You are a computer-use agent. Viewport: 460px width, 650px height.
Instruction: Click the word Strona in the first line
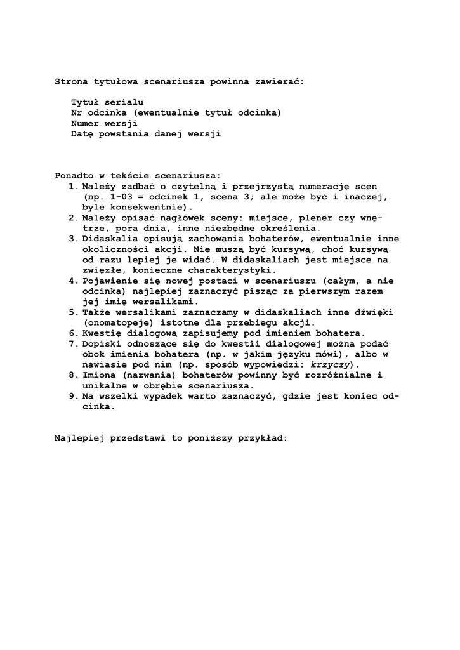[x=71, y=82]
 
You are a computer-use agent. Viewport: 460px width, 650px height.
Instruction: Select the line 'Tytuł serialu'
[x=107, y=102]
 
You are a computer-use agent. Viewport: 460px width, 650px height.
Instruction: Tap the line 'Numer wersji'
[x=104, y=123]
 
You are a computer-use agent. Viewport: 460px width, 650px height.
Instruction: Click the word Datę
[x=82, y=134]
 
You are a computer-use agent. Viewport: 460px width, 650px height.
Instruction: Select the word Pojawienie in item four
[x=109, y=281]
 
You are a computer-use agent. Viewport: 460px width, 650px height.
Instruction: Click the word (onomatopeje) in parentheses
[x=115, y=322]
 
